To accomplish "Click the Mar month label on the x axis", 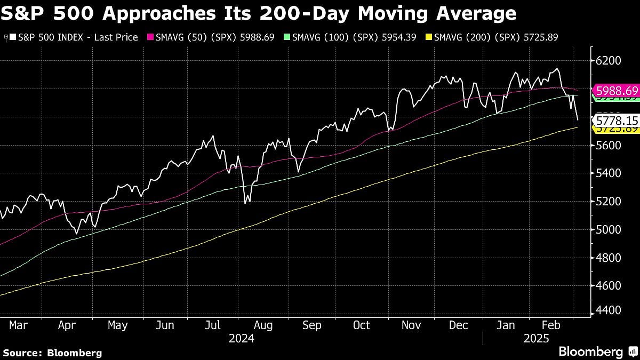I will tap(19, 325).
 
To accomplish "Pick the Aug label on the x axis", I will tap(263, 325).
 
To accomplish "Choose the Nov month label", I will tap(411, 325).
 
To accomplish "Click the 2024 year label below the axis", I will tap(241, 339).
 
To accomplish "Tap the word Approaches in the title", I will tap(163, 13).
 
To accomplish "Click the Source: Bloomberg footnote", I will tap(52, 353).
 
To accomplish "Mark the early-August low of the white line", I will tap(245, 203).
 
